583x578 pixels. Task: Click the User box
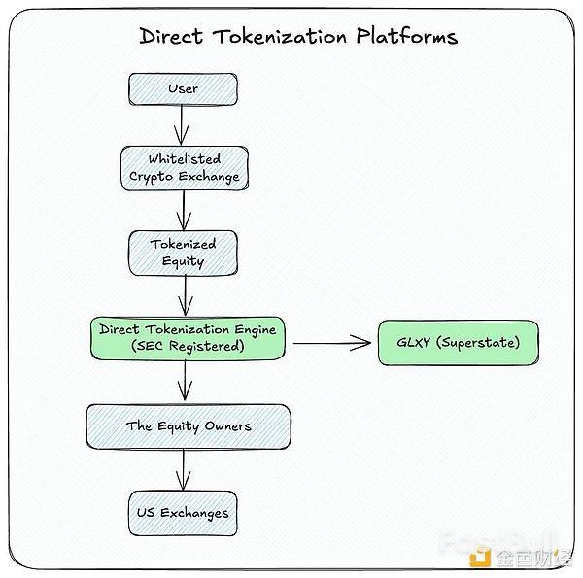click(x=183, y=89)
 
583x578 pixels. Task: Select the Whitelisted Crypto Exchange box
click(x=184, y=168)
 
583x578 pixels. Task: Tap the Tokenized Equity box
click(x=183, y=253)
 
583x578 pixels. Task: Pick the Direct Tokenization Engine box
click(x=189, y=338)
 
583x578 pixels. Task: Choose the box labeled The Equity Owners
click(x=189, y=426)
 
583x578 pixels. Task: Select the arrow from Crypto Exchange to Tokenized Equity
click(x=183, y=209)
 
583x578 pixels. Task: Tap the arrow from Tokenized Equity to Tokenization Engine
click(x=183, y=294)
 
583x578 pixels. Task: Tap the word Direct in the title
click(x=172, y=37)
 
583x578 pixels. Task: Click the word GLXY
click(x=416, y=344)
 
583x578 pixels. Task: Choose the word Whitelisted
click(x=184, y=158)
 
